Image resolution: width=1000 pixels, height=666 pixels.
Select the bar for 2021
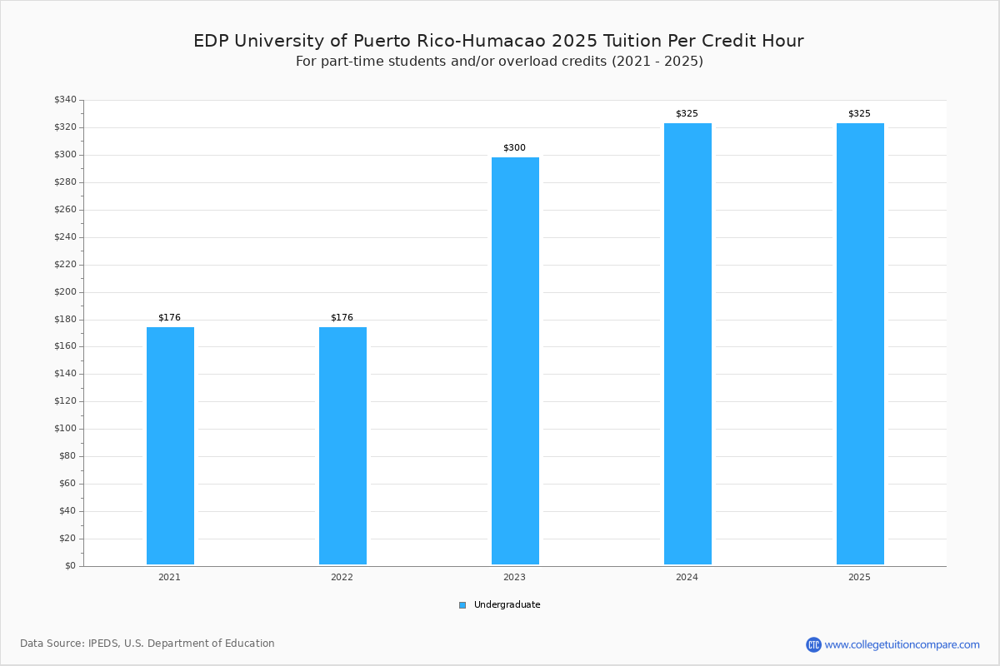tap(170, 445)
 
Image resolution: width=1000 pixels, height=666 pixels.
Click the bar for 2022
tap(342, 445)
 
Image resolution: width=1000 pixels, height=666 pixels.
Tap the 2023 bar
tap(515, 360)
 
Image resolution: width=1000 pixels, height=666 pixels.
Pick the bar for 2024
tap(688, 344)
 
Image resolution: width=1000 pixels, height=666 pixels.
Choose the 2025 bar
tap(860, 344)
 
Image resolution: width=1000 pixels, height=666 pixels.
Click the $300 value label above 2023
tap(514, 147)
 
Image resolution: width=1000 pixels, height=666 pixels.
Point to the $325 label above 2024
tap(687, 114)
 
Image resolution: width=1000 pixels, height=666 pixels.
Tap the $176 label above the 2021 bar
tap(169, 318)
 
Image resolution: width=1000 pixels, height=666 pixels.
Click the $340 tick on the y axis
tap(65, 99)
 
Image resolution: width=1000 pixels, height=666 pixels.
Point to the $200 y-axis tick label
tap(65, 292)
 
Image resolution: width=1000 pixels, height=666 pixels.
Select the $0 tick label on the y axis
tap(71, 566)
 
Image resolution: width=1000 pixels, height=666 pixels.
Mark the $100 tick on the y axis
tap(65, 429)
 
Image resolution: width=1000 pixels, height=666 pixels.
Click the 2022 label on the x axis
tap(342, 577)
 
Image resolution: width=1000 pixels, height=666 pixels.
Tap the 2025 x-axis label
tap(859, 577)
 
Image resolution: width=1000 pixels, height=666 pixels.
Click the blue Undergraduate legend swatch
tap(462, 605)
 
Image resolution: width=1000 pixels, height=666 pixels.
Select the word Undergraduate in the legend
tap(507, 605)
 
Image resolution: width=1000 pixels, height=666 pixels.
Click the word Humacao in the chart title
tap(504, 41)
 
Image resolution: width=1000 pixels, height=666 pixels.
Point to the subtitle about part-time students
tap(499, 61)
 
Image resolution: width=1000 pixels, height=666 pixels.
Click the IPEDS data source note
tap(147, 644)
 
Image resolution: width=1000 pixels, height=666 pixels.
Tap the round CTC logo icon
tap(813, 644)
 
